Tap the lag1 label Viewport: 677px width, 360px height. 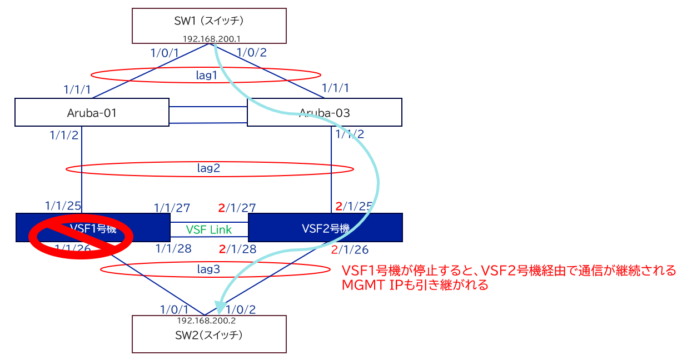tap(207, 76)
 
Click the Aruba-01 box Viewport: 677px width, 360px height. tap(92, 113)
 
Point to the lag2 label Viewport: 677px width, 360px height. tap(209, 168)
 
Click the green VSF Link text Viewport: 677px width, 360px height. tap(208, 229)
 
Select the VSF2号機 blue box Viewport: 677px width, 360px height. tap(325, 228)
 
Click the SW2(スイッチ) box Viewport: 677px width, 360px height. tap(209, 336)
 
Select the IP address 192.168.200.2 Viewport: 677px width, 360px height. tap(208, 321)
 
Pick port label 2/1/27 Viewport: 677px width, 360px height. tap(237, 208)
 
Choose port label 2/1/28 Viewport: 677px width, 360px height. tap(237, 248)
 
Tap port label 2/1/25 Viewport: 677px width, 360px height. tap(354, 206)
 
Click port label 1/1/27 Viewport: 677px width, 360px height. tap(172, 208)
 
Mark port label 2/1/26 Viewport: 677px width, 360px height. tap(350, 250)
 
